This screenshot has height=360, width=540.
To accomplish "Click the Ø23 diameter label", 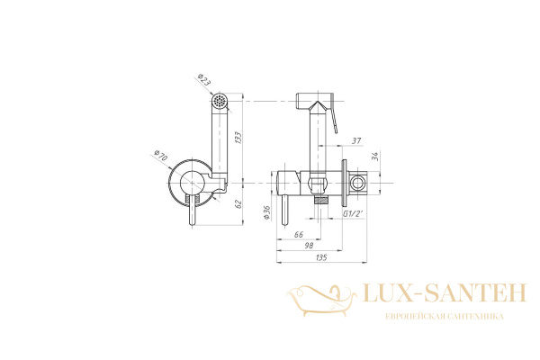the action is [204, 80].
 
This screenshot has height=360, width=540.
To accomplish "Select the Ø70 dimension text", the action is [160, 156].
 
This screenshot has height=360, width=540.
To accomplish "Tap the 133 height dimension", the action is [238, 138].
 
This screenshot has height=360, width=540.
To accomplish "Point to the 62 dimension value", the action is [238, 204].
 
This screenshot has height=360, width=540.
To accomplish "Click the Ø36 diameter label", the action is [266, 212].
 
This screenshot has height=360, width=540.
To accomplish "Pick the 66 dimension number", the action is [299, 234].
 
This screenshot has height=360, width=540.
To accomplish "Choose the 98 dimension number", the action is [310, 246].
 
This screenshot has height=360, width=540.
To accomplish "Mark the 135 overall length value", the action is [321, 257].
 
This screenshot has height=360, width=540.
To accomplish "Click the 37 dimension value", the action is [356, 140].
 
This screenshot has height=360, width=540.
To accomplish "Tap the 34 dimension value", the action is [375, 156].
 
